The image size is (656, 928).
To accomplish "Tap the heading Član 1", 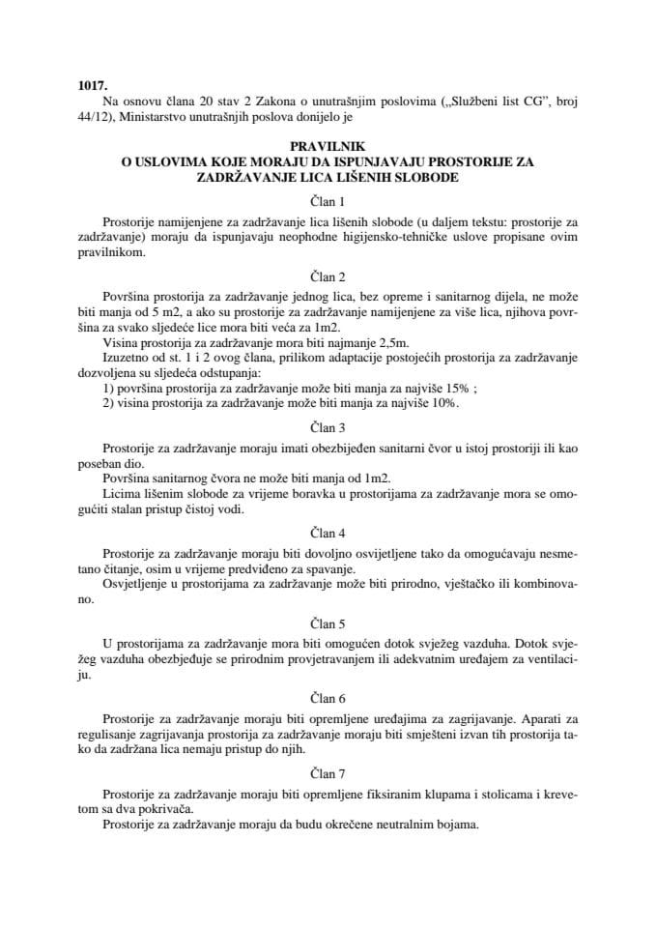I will (328, 202).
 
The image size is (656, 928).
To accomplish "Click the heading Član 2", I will (328, 276).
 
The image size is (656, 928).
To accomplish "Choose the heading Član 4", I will (328, 533).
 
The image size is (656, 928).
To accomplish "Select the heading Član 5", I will (328, 623).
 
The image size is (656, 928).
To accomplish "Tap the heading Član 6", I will (328, 698).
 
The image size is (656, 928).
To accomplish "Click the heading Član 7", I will (328, 773).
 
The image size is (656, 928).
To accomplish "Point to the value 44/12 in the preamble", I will (90, 118).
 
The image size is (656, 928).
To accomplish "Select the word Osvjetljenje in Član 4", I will (133, 585).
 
